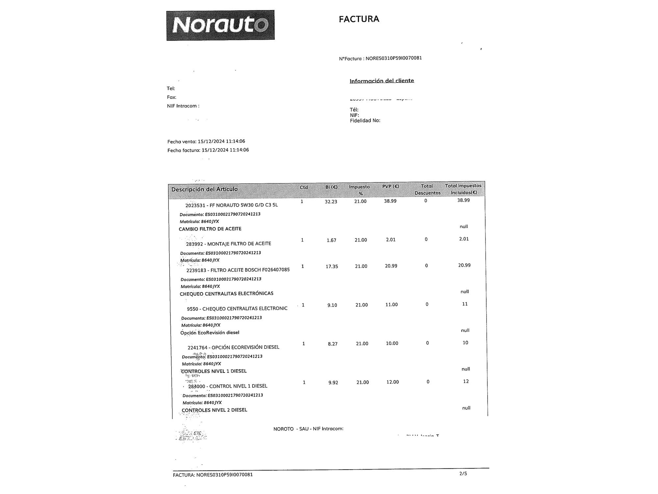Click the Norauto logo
220,25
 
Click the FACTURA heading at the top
359,19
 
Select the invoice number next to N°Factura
393,58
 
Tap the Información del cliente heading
382,81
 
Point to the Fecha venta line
206,142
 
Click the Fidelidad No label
365,121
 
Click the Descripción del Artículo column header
204,189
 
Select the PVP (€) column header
391,187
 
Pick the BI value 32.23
331,202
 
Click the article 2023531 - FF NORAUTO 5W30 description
232,205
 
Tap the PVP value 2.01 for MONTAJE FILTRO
391,240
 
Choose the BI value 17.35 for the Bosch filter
332,266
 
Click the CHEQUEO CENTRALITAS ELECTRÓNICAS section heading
226,293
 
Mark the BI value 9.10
332,305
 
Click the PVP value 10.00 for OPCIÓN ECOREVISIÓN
392,343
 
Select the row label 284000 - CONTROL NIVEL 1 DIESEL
228,386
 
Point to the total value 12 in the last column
466,381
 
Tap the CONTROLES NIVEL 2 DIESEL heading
214,410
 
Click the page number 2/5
463,474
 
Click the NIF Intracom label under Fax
183,106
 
